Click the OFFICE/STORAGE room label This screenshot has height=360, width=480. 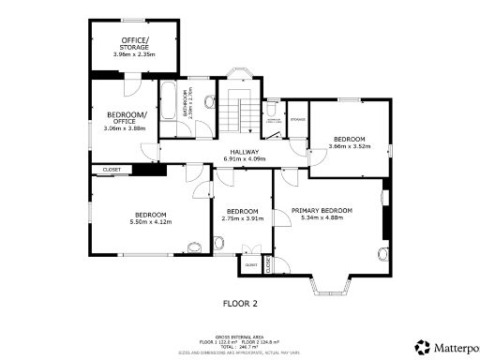pyautogui.click(x=135, y=43)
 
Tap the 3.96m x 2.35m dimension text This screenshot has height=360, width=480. pyautogui.click(x=135, y=54)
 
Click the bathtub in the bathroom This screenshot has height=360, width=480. pyautogui.click(x=169, y=102)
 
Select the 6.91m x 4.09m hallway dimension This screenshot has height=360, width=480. pyautogui.click(x=245, y=159)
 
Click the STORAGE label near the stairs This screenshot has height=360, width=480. pyautogui.click(x=298, y=120)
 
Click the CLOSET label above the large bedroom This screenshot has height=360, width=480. pyautogui.click(x=112, y=170)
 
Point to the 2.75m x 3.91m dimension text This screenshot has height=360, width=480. pyautogui.click(x=242, y=218)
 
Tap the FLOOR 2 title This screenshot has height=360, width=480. pyautogui.click(x=240, y=304)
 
